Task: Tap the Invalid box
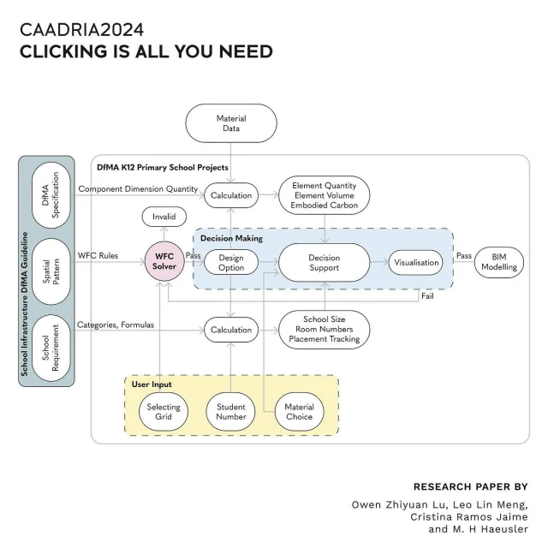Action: click(x=164, y=217)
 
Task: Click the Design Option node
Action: click(x=231, y=262)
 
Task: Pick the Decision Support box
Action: click(x=324, y=262)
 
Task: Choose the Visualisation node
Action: click(x=417, y=263)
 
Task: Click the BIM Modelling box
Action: click(x=499, y=262)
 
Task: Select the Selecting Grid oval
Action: click(x=164, y=412)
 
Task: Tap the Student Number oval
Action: click(x=231, y=412)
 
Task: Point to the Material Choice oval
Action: click(x=299, y=412)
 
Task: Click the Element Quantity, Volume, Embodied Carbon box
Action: click(x=325, y=194)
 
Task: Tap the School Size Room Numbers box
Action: click(x=325, y=330)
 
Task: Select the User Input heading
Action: click(x=152, y=384)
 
